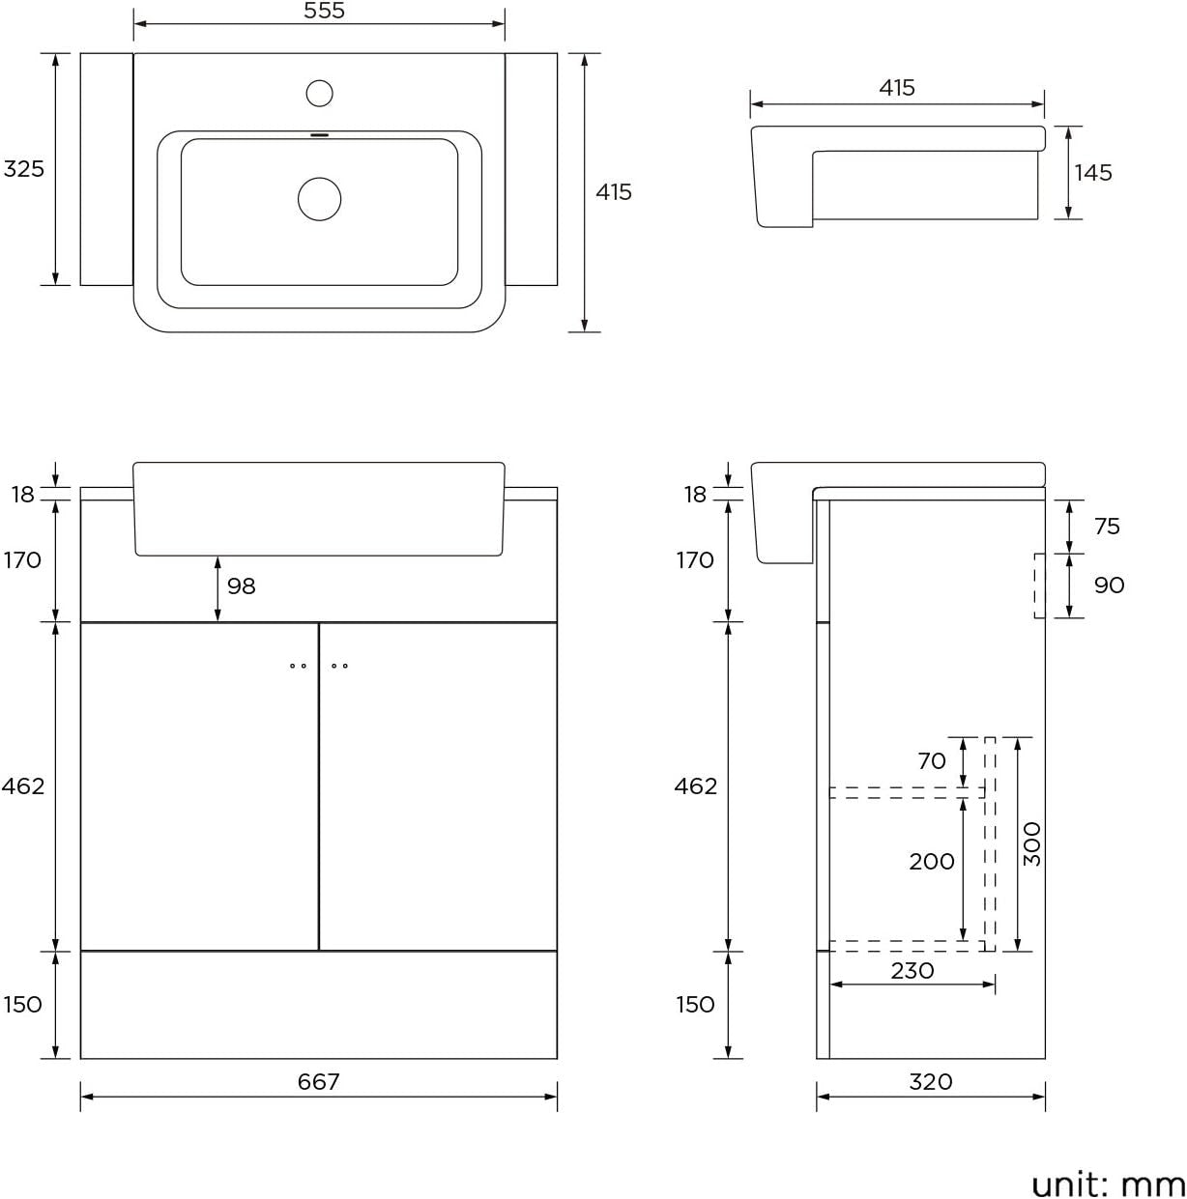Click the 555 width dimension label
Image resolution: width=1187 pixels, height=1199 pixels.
pos(324,11)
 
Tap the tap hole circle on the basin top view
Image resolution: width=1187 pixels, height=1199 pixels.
pos(320,94)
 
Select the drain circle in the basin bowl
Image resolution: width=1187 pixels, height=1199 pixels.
pos(320,199)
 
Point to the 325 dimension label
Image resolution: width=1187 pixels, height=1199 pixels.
pos(24,169)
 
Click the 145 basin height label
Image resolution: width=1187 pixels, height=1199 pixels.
pos(1093,172)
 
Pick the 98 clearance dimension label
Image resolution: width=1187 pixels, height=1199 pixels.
pos(241,586)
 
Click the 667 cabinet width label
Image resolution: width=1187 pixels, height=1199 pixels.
pos(318,1081)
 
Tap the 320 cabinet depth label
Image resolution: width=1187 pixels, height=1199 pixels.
pos(931,1081)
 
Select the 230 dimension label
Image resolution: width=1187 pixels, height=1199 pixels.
pos(912,971)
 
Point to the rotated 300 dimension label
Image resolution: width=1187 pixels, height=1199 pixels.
pos(1032,844)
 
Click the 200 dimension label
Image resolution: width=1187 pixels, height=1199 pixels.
pos(932,862)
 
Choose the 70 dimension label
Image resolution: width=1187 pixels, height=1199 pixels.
pos(932,760)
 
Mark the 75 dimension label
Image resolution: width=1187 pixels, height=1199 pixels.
pos(1108,527)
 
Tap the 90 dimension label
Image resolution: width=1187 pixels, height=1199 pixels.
pos(1109,585)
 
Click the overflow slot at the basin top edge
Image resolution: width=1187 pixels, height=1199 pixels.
pos(320,134)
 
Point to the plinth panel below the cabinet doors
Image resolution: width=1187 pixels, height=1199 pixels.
pos(319,1005)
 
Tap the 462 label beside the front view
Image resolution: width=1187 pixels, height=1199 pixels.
pos(23,786)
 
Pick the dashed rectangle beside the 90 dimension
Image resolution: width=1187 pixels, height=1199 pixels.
pos(1040,586)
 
